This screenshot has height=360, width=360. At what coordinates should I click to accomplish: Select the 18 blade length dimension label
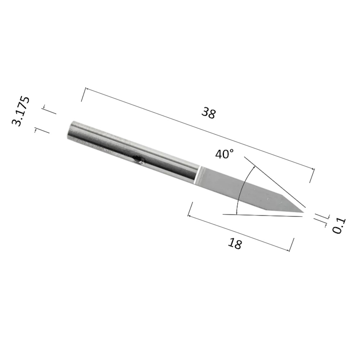coord(235,243)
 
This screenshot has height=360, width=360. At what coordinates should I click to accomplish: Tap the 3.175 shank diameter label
coord(21,111)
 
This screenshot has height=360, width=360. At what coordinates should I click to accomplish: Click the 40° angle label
coord(225,154)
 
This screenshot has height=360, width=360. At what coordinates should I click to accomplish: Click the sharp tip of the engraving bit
coord(303,212)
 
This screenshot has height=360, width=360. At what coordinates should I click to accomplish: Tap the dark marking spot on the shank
coord(139,160)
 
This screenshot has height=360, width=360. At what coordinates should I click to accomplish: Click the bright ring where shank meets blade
coord(197,175)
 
